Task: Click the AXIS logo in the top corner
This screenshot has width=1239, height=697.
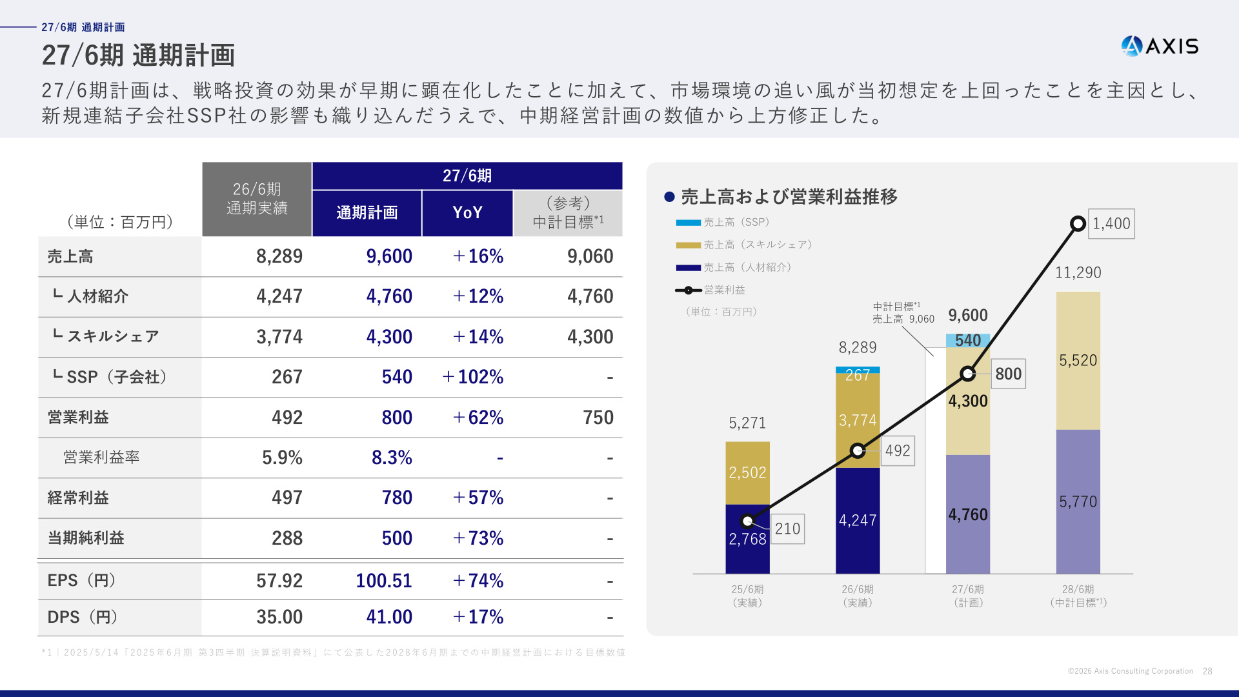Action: click(1160, 46)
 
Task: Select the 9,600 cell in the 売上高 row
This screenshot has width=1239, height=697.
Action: click(389, 256)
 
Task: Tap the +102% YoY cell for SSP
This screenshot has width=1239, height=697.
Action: click(472, 377)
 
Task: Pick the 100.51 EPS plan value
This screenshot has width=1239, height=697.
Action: click(384, 581)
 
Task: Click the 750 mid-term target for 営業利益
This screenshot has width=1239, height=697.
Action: click(598, 418)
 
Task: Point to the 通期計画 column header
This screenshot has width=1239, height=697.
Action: click(367, 213)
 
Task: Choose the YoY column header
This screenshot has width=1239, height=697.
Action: click(468, 213)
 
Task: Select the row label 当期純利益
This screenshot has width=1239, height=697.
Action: click(86, 538)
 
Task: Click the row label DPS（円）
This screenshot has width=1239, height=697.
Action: click(83, 617)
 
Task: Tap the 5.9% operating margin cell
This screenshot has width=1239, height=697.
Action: click(282, 458)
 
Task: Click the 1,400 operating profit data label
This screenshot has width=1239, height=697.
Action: click(1111, 224)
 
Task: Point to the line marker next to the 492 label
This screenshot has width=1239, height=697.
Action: click(858, 450)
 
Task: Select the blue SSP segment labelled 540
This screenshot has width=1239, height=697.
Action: click(968, 341)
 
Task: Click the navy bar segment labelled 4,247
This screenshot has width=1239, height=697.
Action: click(858, 520)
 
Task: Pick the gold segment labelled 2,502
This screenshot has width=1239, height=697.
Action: click(747, 473)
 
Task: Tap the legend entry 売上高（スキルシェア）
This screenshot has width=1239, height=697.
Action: click(743, 245)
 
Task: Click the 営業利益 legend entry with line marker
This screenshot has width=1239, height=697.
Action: click(710, 290)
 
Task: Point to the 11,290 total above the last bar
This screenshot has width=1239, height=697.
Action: click(1078, 273)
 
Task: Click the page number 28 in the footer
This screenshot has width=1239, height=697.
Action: click(1207, 671)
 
